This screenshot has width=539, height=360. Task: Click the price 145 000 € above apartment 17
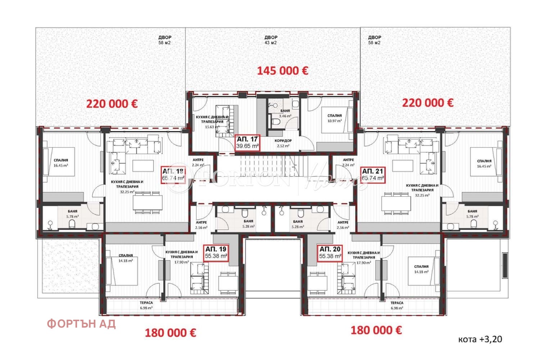[282, 71]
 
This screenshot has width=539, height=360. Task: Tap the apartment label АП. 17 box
[248, 143]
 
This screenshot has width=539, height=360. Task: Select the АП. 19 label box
[216, 252]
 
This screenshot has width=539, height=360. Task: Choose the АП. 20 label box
[330, 252]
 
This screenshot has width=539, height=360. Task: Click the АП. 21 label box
[373, 174]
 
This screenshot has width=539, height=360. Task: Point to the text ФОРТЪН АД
[81, 324]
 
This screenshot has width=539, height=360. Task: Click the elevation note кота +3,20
[480, 339]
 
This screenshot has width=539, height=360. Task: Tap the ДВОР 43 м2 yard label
[271, 40]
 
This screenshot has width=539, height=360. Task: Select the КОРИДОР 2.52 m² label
[283, 143]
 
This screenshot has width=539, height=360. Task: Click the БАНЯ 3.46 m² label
[285, 113]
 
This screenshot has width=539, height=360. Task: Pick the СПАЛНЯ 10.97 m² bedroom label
[334, 118]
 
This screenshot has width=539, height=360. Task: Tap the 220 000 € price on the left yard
[112, 104]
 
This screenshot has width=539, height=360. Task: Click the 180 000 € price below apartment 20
[376, 330]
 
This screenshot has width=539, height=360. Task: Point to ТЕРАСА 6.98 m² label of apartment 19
[146, 305]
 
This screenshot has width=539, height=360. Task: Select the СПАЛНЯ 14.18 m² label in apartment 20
[421, 269]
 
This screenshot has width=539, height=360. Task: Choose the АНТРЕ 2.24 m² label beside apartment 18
[198, 162]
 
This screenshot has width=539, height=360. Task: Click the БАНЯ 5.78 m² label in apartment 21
[472, 214]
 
